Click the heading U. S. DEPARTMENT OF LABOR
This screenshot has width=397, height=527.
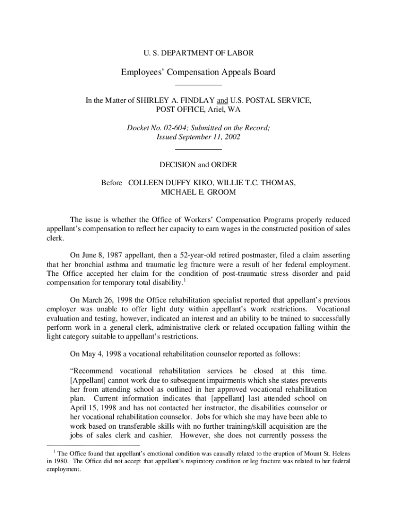click(x=198, y=53)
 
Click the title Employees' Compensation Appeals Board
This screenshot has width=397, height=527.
click(x=198, y=72)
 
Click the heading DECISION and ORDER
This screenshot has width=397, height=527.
click(x=198, y=165)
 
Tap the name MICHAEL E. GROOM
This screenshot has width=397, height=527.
click(x=198, y=192)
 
